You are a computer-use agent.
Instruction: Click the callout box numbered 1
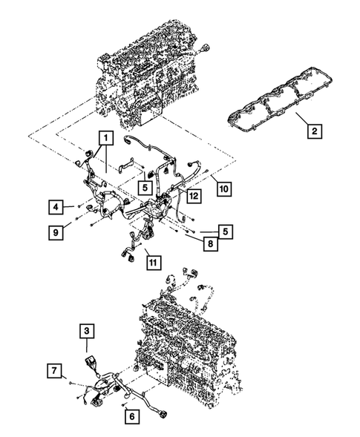(106, 137)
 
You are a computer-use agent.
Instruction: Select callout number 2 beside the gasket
(315, 132)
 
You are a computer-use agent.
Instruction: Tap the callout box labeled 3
(88, 329)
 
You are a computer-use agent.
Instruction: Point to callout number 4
(56, 206)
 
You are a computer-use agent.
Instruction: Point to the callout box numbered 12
(193, 196)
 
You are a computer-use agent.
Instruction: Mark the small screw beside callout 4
(77, 206)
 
